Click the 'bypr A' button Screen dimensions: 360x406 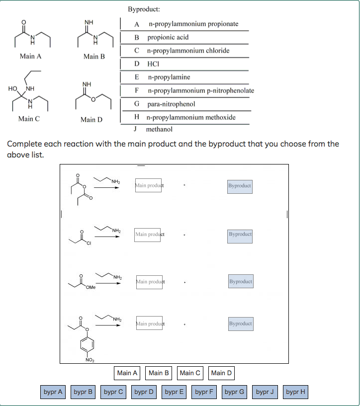[x=53, y=392]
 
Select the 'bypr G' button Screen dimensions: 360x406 [x=234, y=392]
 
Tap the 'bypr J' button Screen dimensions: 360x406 [x=265, y=392]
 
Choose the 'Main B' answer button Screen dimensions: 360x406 [x=159, y=373]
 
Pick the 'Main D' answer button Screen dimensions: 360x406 [x=221, y=373]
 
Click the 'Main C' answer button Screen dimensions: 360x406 [x=190, y=373]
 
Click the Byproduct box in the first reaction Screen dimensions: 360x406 [x=240, y=186]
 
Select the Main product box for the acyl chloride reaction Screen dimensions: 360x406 [x=148, y=234]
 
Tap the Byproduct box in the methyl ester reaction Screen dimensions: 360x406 [x=241, y=282]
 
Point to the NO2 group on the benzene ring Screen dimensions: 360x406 [x=90, y=360]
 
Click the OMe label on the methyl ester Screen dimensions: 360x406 [x=91, y=288]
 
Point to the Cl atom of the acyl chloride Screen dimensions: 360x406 [x=89, y=243]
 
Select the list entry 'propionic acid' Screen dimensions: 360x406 [x=168, y=37]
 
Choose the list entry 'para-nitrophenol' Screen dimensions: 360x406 [x=171, y=104]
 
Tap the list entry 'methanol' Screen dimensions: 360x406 [x=159, y=129]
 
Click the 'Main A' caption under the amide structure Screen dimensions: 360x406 [x=30, y=57]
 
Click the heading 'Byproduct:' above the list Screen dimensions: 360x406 [x=144, y=9]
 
